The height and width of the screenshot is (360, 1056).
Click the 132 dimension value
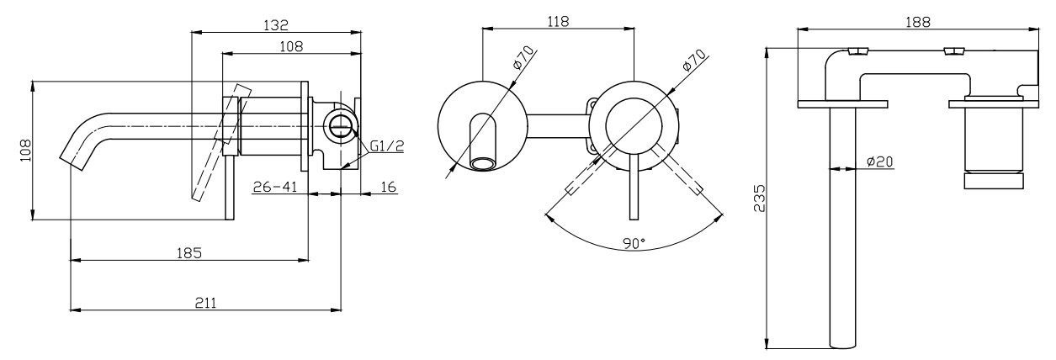point(275,24)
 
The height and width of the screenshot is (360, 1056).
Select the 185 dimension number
point(189,253)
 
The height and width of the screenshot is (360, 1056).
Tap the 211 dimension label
point(205,303)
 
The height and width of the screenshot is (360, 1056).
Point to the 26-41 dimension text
point(275,187)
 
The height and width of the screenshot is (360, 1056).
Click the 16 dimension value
point(388,187)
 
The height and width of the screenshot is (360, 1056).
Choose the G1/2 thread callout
point(386,146)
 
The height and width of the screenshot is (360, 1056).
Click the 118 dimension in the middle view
point(558,21)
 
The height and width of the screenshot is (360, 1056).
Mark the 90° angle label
point(634,243)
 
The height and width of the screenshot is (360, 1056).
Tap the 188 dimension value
point(918,22)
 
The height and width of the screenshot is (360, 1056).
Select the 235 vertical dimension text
point(759,198)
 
